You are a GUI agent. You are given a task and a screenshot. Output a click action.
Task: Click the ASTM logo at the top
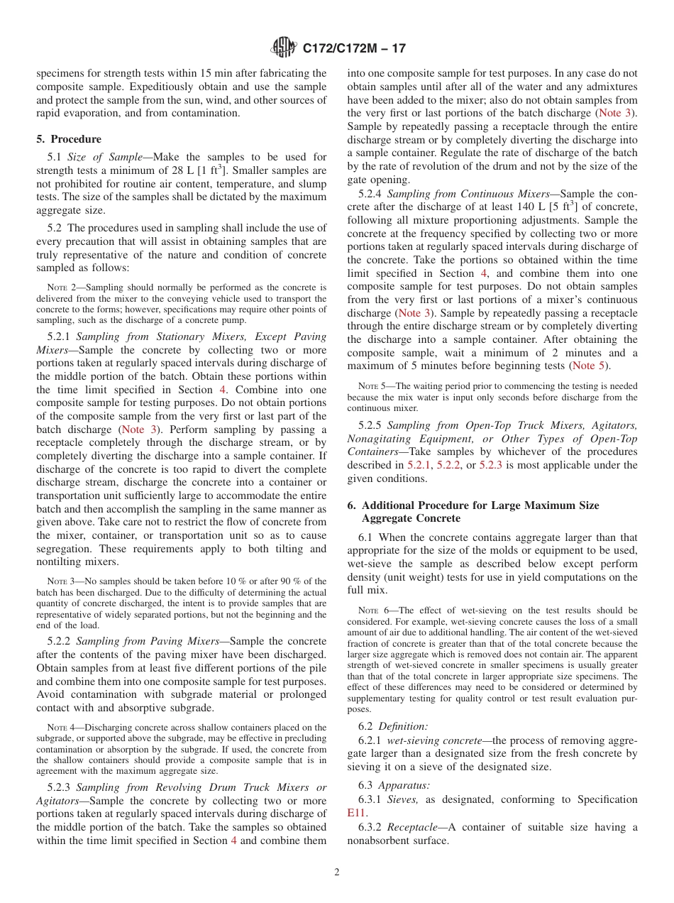click(284, 48)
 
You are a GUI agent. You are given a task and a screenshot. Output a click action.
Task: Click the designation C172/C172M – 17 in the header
click(354, 49)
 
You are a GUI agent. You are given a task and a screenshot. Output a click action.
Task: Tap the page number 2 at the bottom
click(337, 872)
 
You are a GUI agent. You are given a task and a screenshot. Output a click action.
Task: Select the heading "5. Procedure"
click(69, 139)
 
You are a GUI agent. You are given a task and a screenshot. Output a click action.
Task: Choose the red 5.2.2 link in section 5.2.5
click(449, 465)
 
